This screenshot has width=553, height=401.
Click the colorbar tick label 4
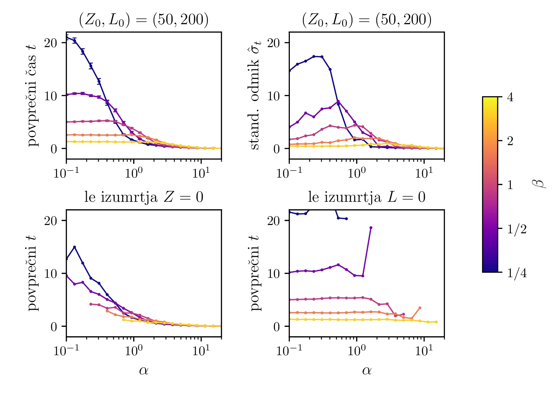[510, 97]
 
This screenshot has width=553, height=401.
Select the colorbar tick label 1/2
[517, 229]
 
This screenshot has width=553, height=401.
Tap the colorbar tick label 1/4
[517, 273]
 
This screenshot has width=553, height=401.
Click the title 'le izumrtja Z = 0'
[144, 197]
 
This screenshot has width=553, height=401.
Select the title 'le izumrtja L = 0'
[366, 197]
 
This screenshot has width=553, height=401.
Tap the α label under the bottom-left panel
[144, 370]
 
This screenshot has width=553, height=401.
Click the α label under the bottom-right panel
[366, 370]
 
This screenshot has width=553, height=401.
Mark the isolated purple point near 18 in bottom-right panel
[371, 228]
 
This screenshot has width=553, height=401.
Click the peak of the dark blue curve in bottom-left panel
[74, 247]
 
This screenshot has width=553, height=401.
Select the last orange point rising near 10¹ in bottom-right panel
[420, 308]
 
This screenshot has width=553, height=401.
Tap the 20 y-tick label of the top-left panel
[51, 43]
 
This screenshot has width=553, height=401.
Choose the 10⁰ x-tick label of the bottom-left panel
[133, 350]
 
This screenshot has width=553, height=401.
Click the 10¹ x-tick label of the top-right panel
[424, 173]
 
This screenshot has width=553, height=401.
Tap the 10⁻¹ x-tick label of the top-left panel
[66, 173]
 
